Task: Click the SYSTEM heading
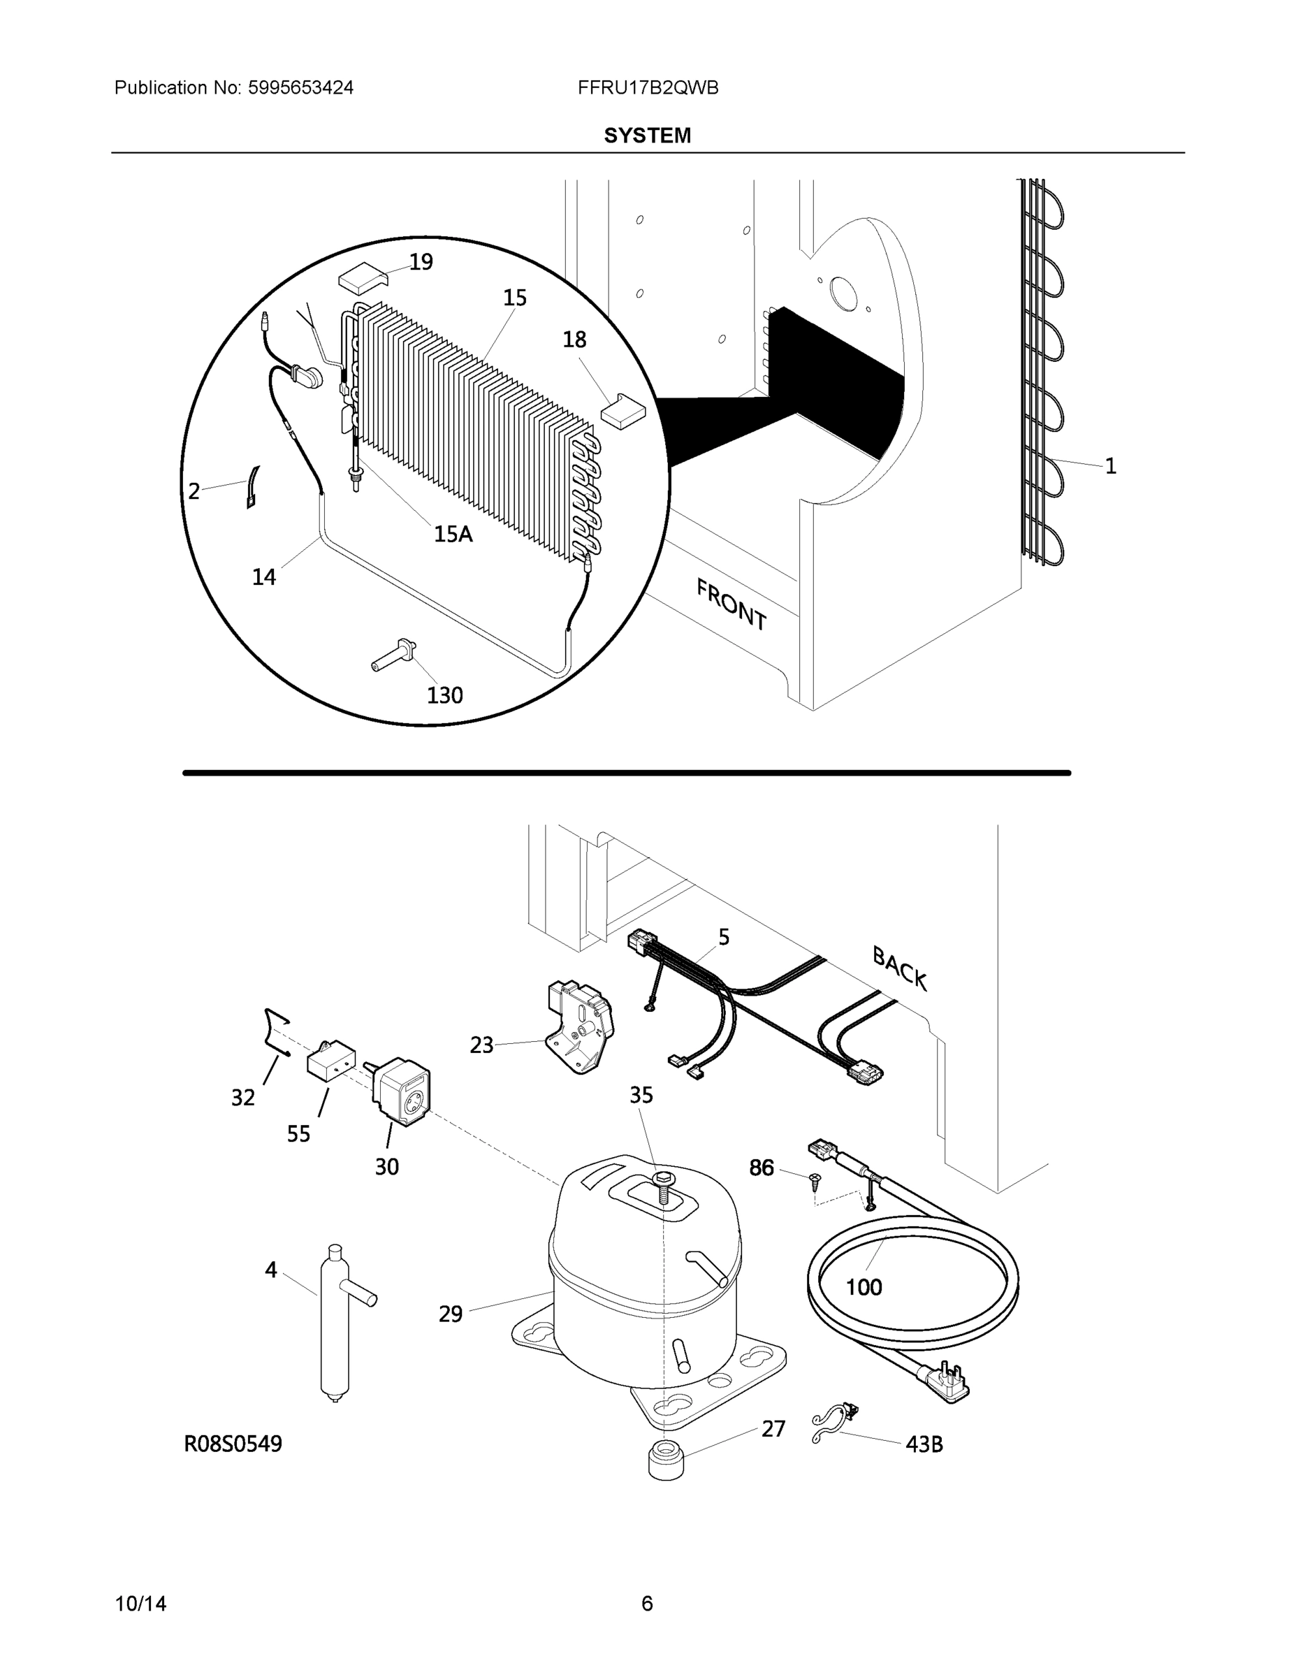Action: [x=647, y=136]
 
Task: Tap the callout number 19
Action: [x=421, y=262]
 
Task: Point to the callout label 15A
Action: [x=453, y=534]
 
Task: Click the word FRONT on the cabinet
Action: [x=731, y=605]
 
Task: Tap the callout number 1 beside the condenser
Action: [x=1110, y=466]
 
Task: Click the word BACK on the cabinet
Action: [x=900, y=968]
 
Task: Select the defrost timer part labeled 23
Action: [x=581, y=1026]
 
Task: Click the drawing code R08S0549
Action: [x=233, y=1444]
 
